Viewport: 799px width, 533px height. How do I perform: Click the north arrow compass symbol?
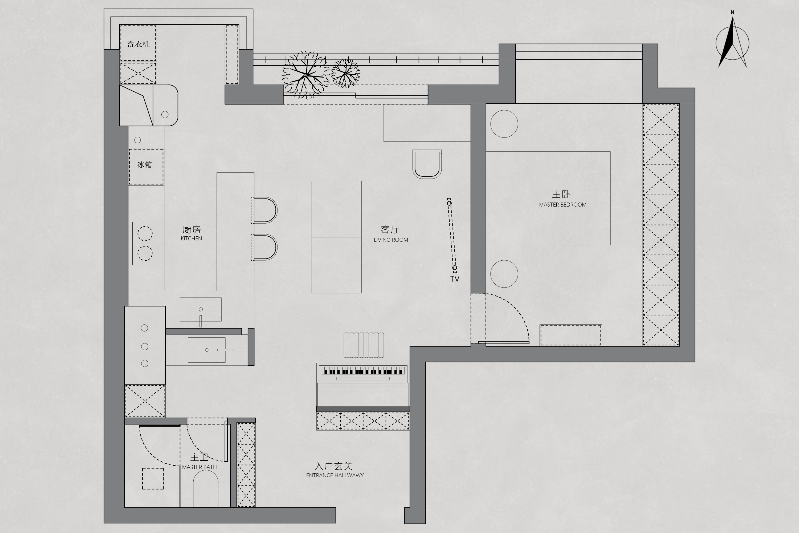(x=732, y=42)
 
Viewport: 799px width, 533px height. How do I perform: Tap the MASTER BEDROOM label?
(x=562, y=205)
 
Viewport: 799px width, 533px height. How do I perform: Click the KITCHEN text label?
(x=191, y=239)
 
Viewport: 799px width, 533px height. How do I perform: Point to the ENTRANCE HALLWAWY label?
(x=335, y=475)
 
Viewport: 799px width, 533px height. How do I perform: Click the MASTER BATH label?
(x=199, y=467)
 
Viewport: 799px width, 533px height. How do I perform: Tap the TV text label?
(x=455, y=279)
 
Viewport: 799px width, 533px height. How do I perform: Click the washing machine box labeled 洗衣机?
(x=138, y=43)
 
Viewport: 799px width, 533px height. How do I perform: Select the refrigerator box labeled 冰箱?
(x=146, y=167)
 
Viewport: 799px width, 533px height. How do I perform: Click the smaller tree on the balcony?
(x=345, y=73)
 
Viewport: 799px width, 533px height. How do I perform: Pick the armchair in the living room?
(x=427, y=164)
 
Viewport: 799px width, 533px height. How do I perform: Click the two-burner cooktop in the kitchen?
(x=145, y=243)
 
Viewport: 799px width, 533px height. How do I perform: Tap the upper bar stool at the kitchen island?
(x=264, y=210)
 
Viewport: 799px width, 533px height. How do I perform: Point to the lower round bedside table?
(x=504, y=274)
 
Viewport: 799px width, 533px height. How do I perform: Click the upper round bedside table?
(x=504, y=124)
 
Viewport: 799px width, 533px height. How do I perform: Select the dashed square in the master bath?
(x=153, y=479)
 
